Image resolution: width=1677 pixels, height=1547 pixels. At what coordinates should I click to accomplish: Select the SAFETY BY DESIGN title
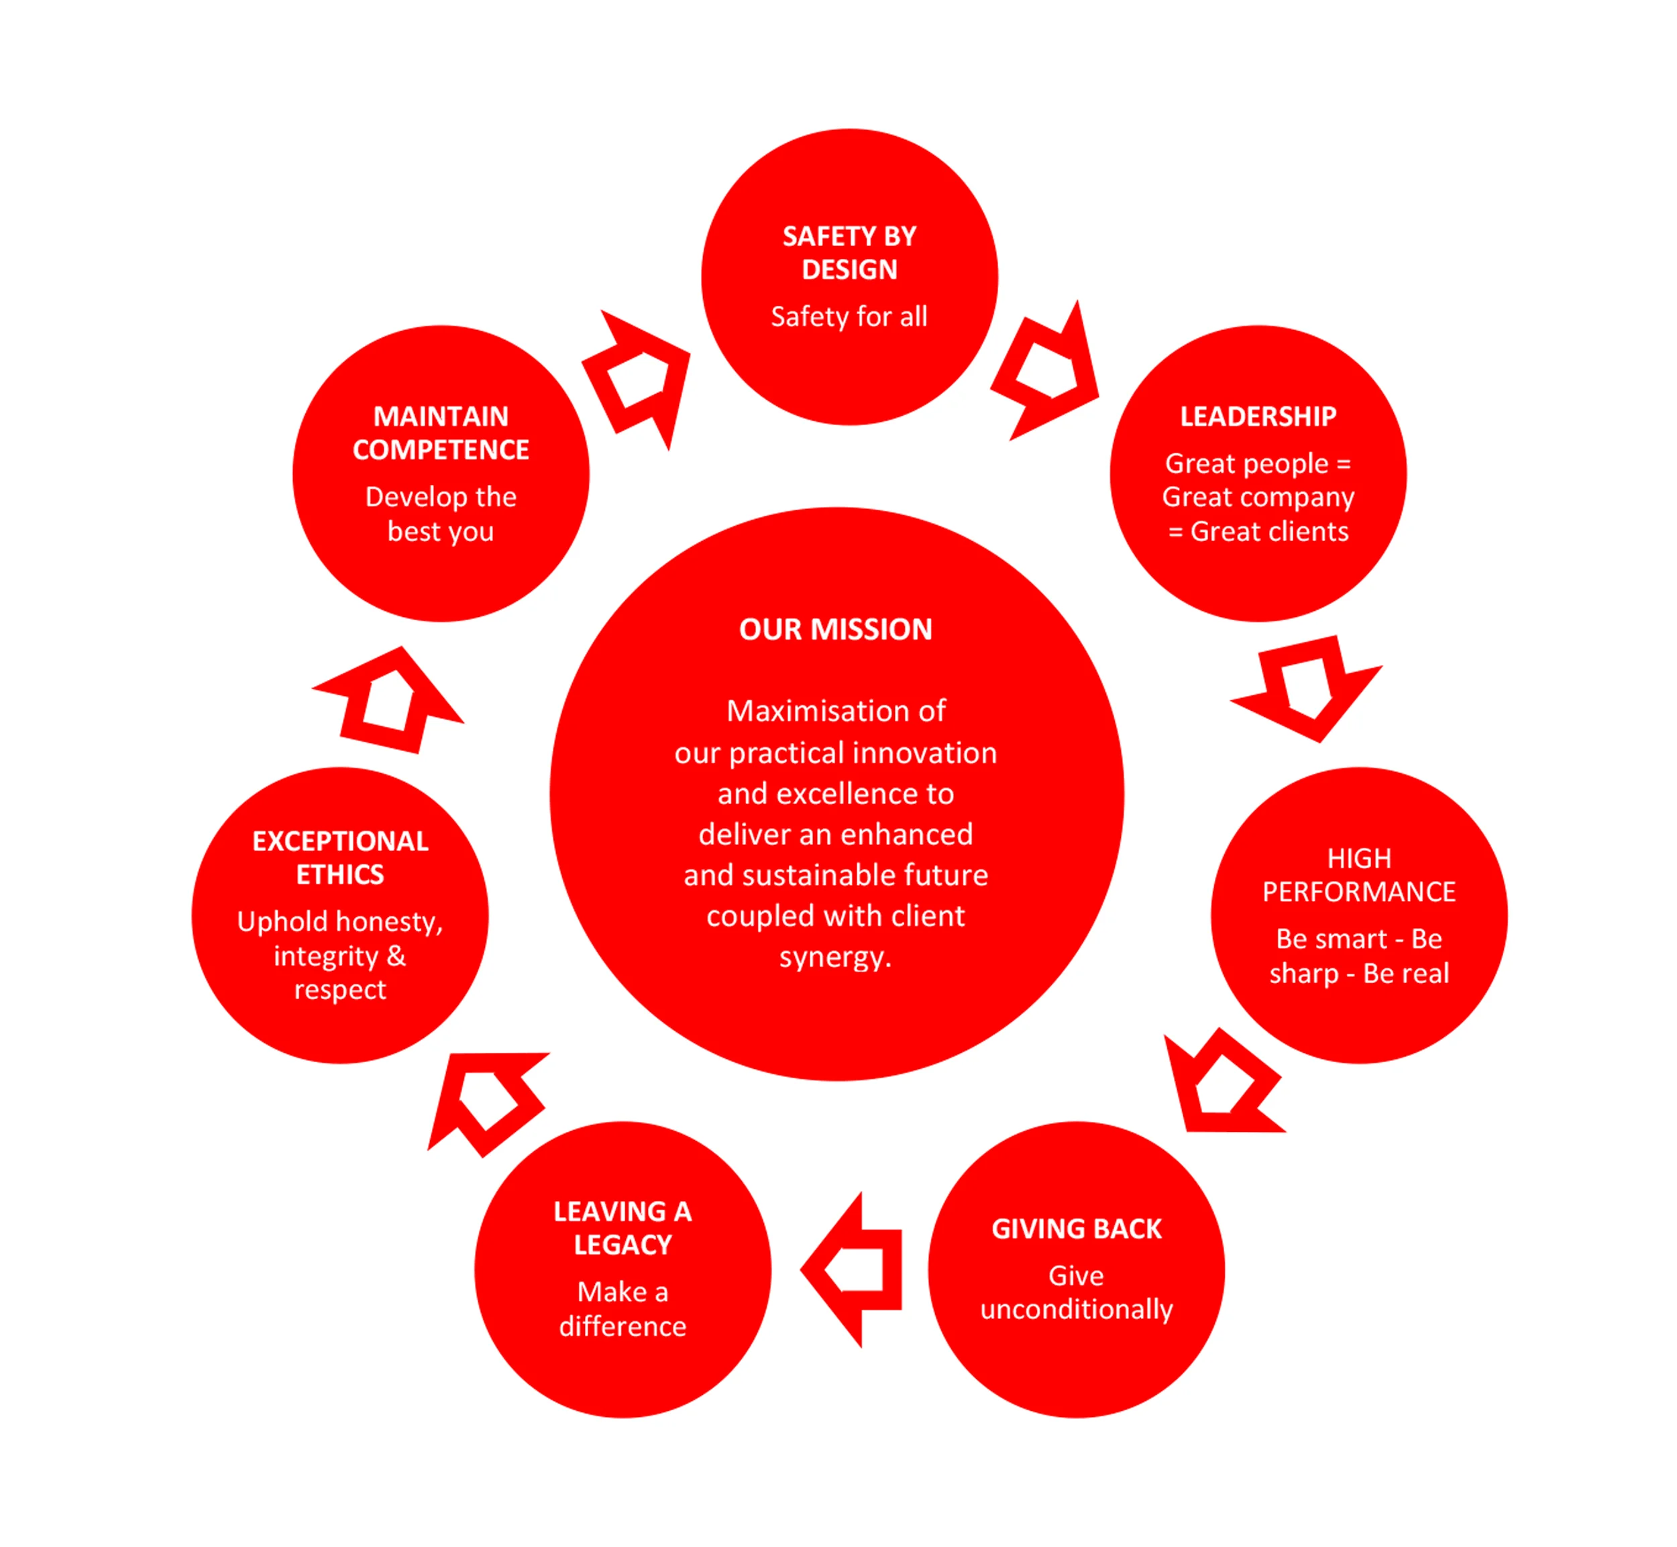click(x=849, y=253)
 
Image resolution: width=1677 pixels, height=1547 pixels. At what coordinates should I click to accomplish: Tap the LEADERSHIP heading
click(x=1258, y=416)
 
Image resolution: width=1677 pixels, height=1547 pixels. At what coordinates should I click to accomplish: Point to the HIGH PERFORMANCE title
click(x=1358, y=875)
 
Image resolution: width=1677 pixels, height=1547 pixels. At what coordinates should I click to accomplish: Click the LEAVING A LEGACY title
click(x=622, y=1227)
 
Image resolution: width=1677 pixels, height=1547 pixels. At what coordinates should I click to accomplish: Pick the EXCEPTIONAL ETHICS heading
click(x=340, y=857)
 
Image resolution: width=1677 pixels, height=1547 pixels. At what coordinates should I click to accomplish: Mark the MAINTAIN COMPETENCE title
click(x=441, y=433)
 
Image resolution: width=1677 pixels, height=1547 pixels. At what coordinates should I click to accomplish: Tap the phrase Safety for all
click(x=849, y=317)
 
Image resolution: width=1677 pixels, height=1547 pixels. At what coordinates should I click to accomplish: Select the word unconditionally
click(x=1076, y=1308)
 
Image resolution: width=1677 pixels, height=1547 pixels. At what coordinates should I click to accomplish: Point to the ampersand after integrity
click(x=396, y=955)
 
